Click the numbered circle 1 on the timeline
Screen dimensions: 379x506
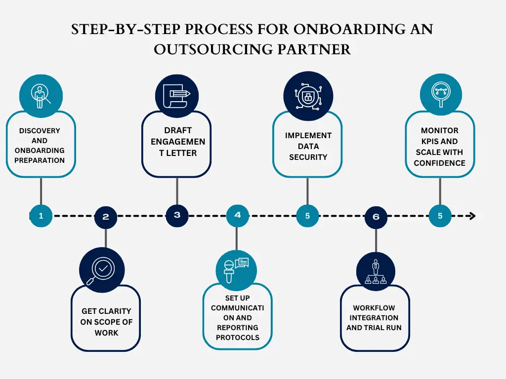(41, 216)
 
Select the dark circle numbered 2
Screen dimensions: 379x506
(106, 217)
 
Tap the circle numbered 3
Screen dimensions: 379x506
(177, 215)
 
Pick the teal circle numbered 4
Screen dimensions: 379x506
(238, 215)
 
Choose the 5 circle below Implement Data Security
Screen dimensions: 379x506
(307, 216)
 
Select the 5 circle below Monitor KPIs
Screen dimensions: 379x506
(440, 216)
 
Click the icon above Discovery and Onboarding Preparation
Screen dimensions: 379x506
(41, 95)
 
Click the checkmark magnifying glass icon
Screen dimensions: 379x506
(102, 269)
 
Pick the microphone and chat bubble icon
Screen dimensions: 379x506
(237, 269)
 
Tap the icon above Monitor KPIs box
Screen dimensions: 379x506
(440, 94)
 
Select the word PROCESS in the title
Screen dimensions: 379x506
(216, 29)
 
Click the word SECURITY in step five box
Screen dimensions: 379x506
(308, 157)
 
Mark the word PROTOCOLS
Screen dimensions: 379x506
(238, 338)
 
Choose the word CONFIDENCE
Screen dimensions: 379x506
(440, 163)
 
